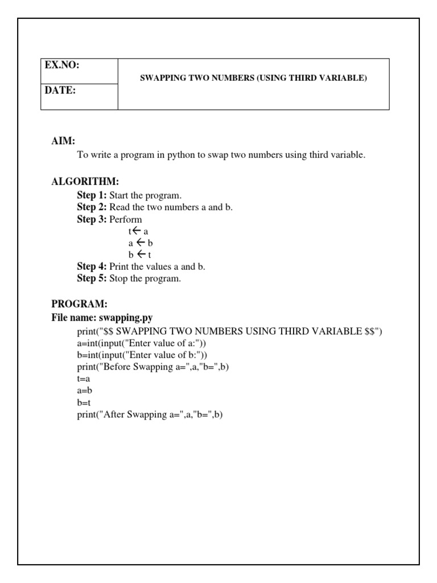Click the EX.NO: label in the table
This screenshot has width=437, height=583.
tap(62, 65)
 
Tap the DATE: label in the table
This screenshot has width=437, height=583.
tap(60, 91)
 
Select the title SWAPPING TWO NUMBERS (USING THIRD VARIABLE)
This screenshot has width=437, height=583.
tap(253, 79)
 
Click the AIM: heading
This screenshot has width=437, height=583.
tap(63, 141)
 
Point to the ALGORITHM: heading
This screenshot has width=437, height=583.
tap(85, 182)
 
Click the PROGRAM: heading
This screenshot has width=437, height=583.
tap(79, 305)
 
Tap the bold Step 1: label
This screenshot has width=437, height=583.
tap(92, 195)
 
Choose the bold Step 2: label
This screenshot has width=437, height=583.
tap(92, 207)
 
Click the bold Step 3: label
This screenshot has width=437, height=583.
tap(92, 219)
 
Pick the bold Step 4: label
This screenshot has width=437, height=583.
tap(92, 266)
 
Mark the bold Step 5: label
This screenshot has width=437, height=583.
tap(92, 278)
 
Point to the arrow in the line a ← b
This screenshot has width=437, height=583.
tap(140, 243)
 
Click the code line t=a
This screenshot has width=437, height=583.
tap(84, 379)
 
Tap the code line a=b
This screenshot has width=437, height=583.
tap(84, 391)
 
